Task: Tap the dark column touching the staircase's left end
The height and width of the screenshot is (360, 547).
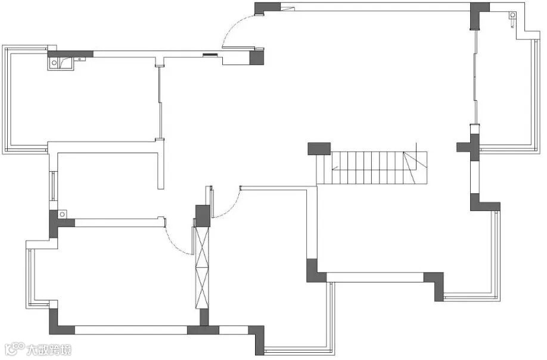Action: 319,148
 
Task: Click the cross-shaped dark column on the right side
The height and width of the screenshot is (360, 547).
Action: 473,147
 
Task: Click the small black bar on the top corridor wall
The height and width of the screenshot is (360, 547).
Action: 210,55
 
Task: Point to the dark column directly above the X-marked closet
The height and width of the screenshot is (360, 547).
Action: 203,215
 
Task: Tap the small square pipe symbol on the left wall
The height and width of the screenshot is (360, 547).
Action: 61,213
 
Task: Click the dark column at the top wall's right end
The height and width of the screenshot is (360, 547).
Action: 478,15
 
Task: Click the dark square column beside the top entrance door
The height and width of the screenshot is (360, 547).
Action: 256,57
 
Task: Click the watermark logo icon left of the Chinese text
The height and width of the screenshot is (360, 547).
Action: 14,349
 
